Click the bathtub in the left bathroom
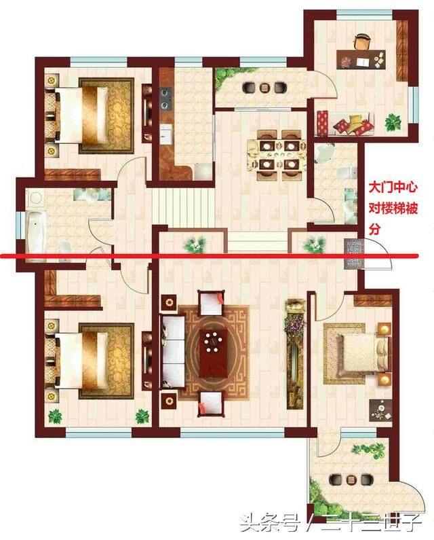(x=37, y=232)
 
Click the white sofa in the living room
(x=173, y=351)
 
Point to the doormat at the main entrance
(x=351, y=253)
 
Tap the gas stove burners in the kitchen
(x=166, y=99)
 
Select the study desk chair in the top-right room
(x=362, y=41)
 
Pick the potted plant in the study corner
(x=393, y=122)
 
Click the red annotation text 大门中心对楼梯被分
(x=393, y=209)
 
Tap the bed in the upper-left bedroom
(x=82, y=115)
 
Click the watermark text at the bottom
(x=331, y=524)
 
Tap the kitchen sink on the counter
(x=165, y=131)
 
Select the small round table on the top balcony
(x=264, y=88)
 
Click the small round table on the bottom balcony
(x=351, y=480)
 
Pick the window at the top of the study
(x=365, y=14)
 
